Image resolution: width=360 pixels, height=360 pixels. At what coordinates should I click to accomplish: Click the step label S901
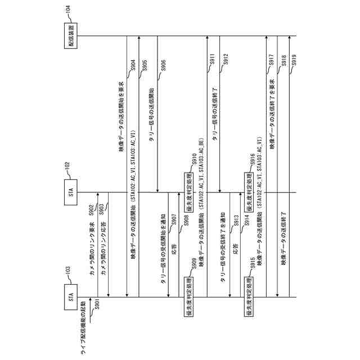(x=96, y=305)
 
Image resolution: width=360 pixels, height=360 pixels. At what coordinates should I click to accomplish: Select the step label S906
(x=163, y=66)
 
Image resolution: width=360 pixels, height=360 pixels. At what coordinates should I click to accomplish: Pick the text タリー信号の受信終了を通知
(x=224, y=251)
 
